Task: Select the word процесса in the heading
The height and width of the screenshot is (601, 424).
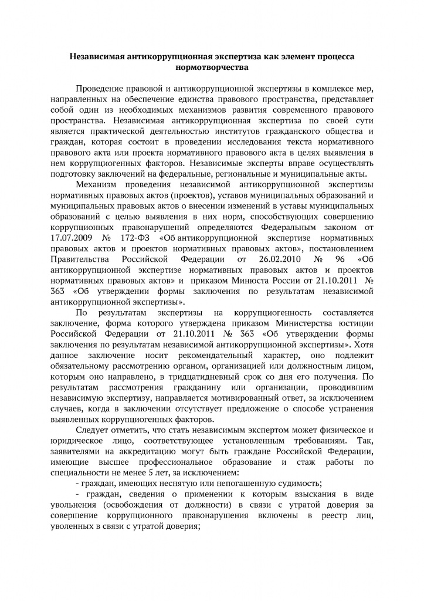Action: (x=329, y=57)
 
